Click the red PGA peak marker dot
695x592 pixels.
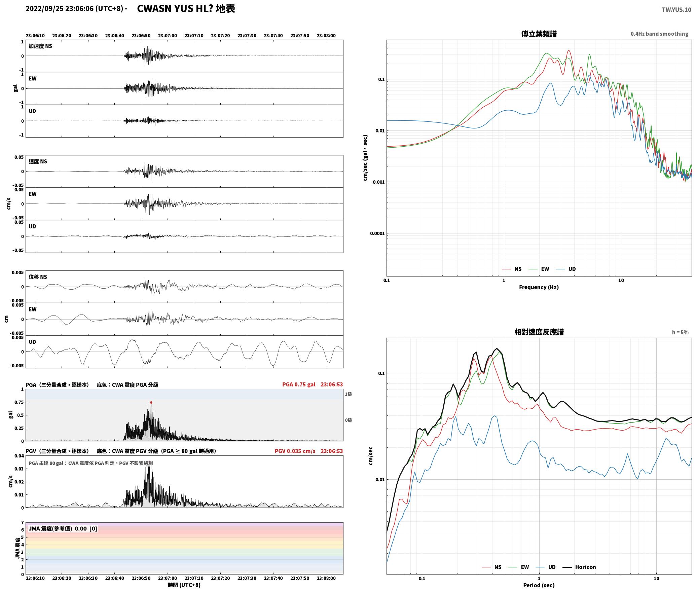point(151,402)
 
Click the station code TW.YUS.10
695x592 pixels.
point(676,10)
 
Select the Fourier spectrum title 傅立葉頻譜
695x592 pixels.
point(539,34)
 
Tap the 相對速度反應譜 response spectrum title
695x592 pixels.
point(539,332)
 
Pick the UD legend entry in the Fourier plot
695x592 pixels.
point(566,269)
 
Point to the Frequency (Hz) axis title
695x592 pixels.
point(539,287)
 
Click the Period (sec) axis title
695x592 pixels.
point(539,585)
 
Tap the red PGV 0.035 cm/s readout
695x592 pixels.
point(295,451)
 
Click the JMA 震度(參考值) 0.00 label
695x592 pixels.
point(58,528)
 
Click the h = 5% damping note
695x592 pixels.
point(680,332)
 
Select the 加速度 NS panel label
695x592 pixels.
point(40,46)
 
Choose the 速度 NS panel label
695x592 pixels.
point(38,161)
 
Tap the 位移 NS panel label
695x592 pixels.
point(38,277)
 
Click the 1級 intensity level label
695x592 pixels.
point(348,394)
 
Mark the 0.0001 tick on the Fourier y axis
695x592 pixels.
point(377,233)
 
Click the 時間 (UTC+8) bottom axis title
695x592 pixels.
point(184,585)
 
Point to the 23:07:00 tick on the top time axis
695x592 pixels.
point(168,36)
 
